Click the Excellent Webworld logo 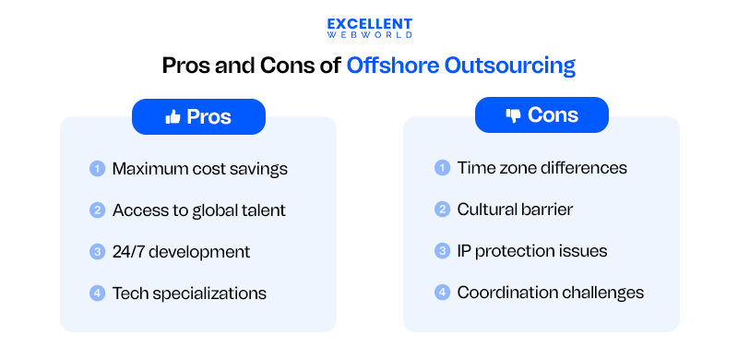tap(369, 28)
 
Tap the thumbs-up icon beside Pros tap(172, 117)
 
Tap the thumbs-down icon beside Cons tap(513, 115)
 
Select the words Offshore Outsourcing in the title tap(461, 66)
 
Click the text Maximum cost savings tap(200, 169)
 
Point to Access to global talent tap(198, 210)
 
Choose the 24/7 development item tap(181, 252)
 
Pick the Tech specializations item tap(189, 294)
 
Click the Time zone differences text tap(542, 168)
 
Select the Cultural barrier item tap(515, 210)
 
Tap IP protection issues tap(532, 251)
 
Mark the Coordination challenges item tap(551, 293)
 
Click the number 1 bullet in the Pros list tap(97, 169)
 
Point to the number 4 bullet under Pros tap(97, 294)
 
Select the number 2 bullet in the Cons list tap(442, 210)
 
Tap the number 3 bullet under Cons tap(442, 251)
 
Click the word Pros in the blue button tap(208, 117)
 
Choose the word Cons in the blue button tap(553, 115)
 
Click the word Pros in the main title tap(188, 66)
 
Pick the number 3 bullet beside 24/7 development tap(97, 252)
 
